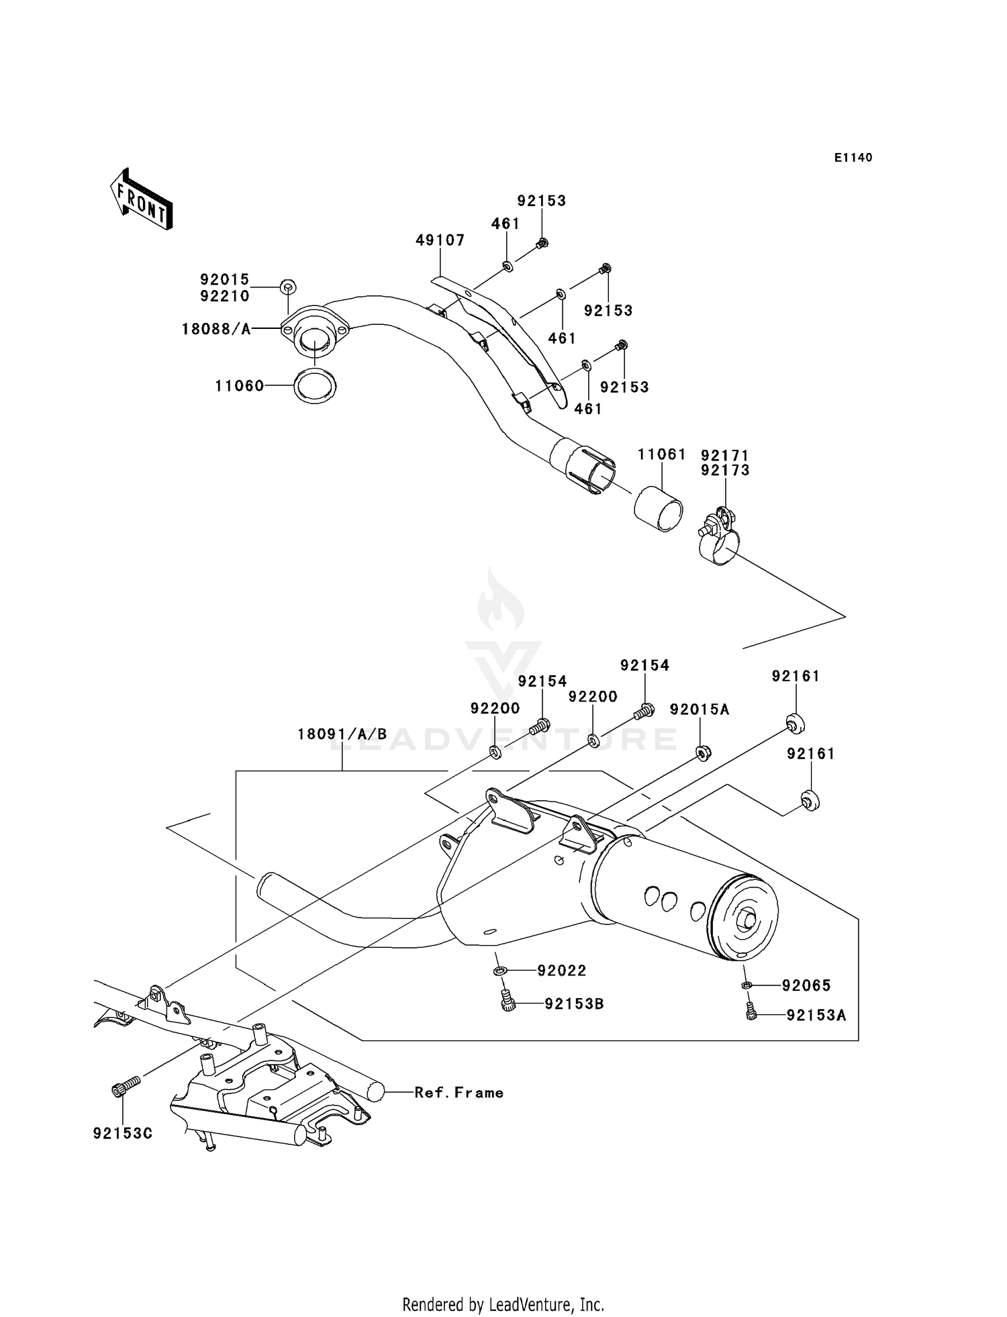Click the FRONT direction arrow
(x=142, y=200)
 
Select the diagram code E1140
(x=853, y=158)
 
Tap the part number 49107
(x=440, y=240)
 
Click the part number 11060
(x=240, y=386)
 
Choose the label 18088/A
(x=216, y=329)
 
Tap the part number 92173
(x=725, y=471)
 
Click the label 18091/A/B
(x=342, y=734)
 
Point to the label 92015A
(x=700, y=710)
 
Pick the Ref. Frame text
(x=459, y=1093)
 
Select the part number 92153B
(x=574, y=1004)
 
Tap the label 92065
(x=806, y=985)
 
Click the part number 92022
(x=562, y=971)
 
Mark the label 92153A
(x=816, y=1016)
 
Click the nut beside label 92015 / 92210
(x=288, y=287)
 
